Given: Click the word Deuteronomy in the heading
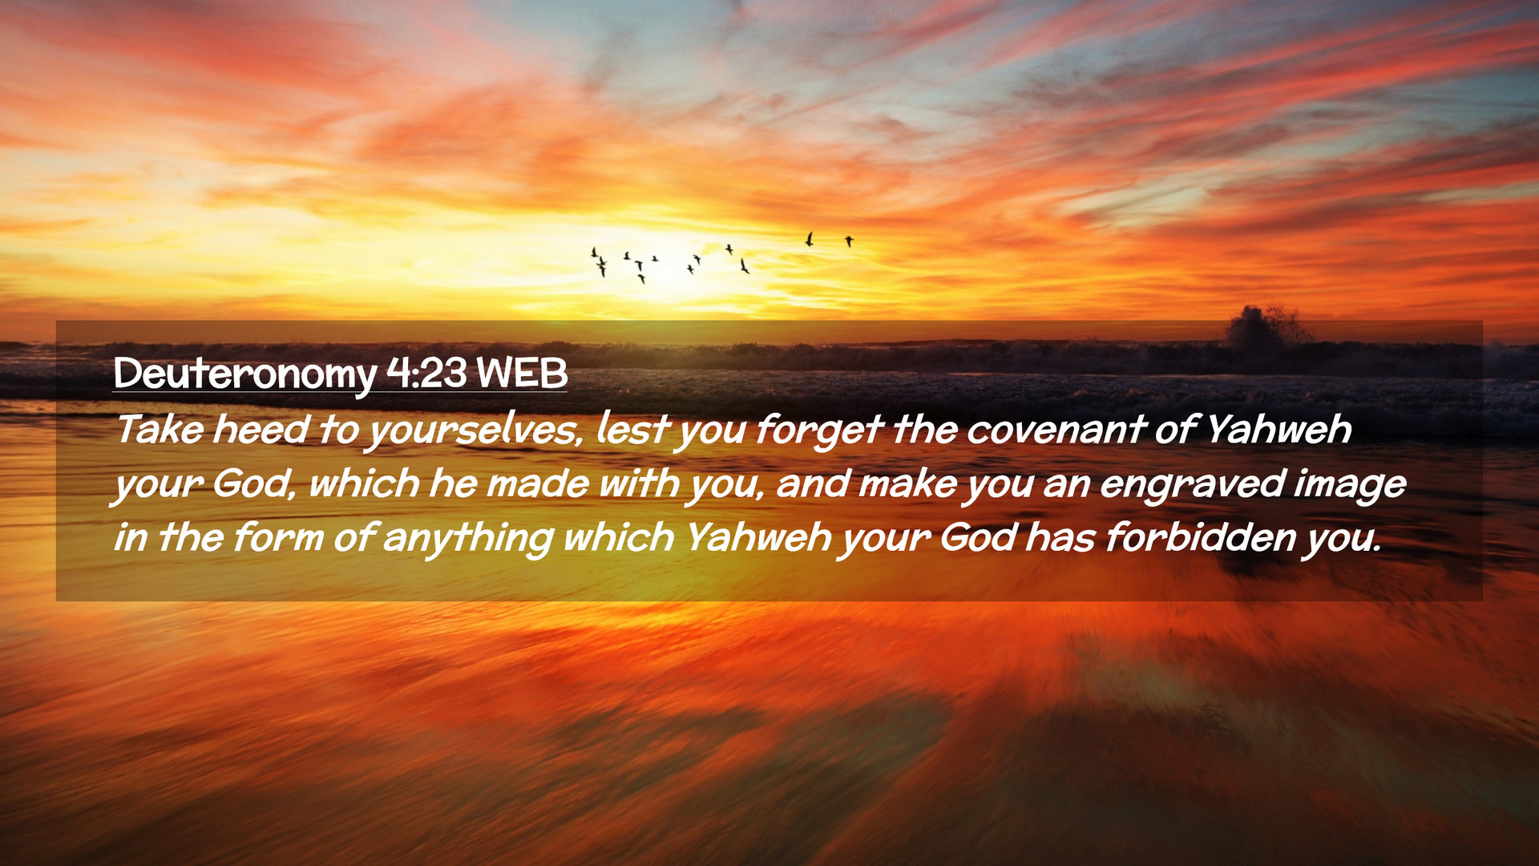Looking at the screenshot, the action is pos(244,374).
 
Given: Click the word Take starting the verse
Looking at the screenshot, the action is pos(160,429).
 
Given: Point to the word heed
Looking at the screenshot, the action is pos(261,429).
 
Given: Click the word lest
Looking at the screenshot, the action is pos(632,429).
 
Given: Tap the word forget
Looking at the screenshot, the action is pos(818,431).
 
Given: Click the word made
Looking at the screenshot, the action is pos(537,484).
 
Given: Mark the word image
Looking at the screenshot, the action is pos(1350,485).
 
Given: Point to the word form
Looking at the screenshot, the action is pos(277,537).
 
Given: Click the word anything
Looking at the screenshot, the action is pos(467,539).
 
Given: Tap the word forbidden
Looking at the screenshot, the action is pos(1200,537).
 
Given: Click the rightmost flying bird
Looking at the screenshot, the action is pos(849,241).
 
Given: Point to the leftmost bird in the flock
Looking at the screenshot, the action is pos(594,253).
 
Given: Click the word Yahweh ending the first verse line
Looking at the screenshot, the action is pos(1279,429).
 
